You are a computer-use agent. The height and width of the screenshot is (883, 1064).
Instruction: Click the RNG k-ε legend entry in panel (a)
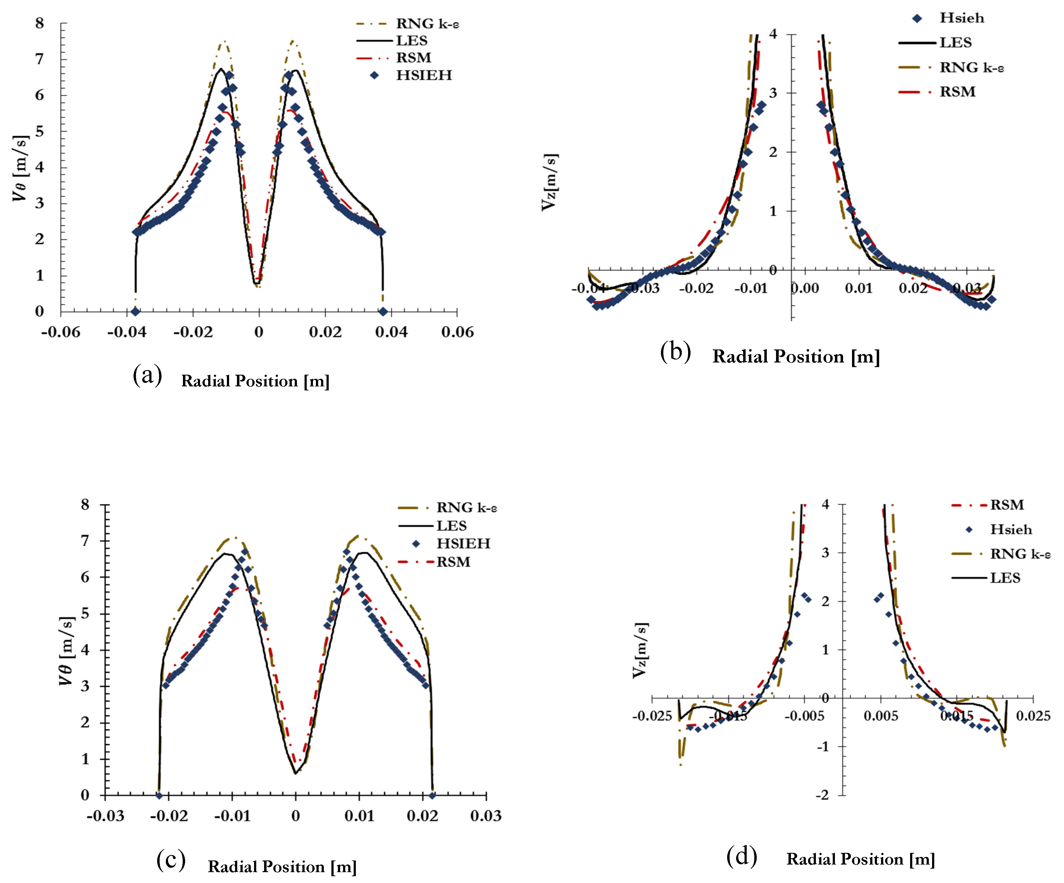pyautogui.click(x=427, y=24)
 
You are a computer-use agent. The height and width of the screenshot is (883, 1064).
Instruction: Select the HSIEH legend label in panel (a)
pyautogui.click(x=424, y=75)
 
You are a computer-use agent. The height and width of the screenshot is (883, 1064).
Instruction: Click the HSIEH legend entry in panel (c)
pyautogui.click(x=463, y=544)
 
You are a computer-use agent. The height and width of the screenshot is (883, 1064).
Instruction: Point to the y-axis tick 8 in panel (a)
pyautogui.click(x=40, y=23)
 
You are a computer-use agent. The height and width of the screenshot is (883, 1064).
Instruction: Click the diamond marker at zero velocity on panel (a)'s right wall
pyautogui.click(x=383, y=311)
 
